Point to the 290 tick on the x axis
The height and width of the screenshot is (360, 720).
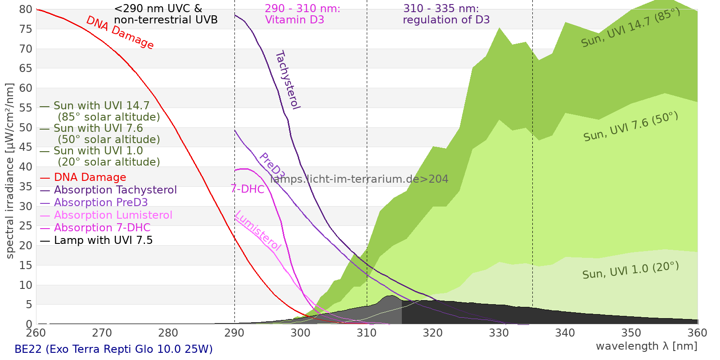coord(234,333)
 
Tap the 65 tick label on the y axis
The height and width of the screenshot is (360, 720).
coord(26,68)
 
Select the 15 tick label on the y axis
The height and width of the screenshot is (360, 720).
coord(26,265)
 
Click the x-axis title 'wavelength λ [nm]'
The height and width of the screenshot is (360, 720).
coord(646,346)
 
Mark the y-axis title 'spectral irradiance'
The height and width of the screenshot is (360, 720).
coord(10,171)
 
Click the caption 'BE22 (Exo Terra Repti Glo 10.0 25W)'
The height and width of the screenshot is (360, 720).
coord(113,349)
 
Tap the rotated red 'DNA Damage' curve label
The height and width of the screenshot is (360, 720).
coord(120,33)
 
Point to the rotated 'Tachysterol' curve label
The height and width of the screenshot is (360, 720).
coord(287,80)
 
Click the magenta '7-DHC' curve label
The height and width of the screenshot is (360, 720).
coord(247,189)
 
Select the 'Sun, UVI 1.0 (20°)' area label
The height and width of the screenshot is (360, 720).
coord(630,270)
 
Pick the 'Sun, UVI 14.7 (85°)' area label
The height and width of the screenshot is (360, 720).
coord(630,27)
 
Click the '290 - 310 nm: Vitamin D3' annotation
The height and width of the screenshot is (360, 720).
coord(302,14)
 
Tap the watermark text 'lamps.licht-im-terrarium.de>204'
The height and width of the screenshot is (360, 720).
coord(359,179)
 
